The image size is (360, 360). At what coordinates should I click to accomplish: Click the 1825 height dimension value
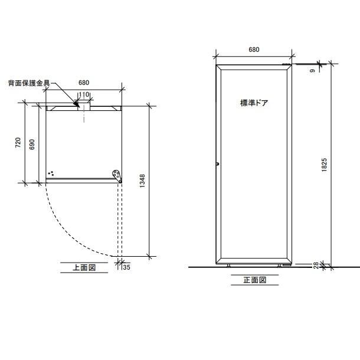[x=324, y=165]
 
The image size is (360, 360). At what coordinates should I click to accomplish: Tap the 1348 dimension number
[x=142, y=181]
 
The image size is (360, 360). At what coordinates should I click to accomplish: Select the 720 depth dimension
[x=18, y=143]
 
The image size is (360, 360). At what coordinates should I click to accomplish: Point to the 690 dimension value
[x=32, y=145]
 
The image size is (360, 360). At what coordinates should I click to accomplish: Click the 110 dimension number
[x=84, y=94]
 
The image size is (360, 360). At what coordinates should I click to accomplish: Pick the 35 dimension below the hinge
[x=126, y=267]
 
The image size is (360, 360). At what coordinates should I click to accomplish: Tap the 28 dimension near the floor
[x=316, y=266]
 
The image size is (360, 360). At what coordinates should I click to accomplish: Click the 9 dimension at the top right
[x=312, y=71]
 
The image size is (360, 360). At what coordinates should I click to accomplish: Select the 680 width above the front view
[x=254, y=50]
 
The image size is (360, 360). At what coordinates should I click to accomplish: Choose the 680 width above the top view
[x=84, y=83]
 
